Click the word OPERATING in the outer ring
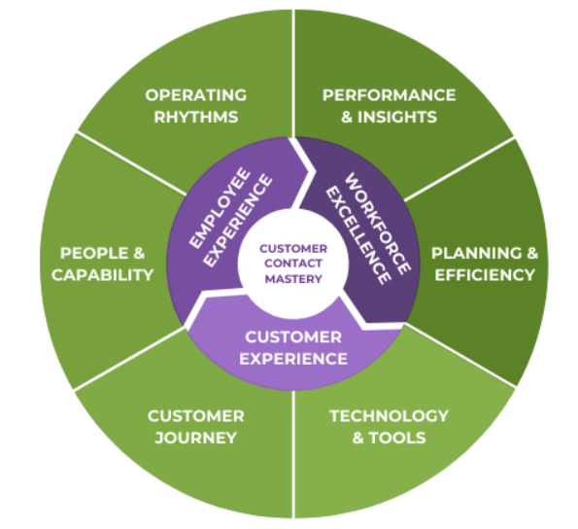pyautogui.click(x=195, y=95)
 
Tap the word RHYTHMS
pyautogui.click(x=195, y=118)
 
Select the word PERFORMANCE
pyautogui.click(x=389, y=95)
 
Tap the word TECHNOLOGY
pyautogui.click(x=389, y=415)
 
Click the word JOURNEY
pyautogui.click(x=195, y=438)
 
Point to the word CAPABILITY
pyautogui.click(x=104, y=275)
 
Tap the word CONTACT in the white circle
pyautogui.click(x=292, y=264)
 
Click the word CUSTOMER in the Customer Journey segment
pyautogui.click(x=195, y=415)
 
